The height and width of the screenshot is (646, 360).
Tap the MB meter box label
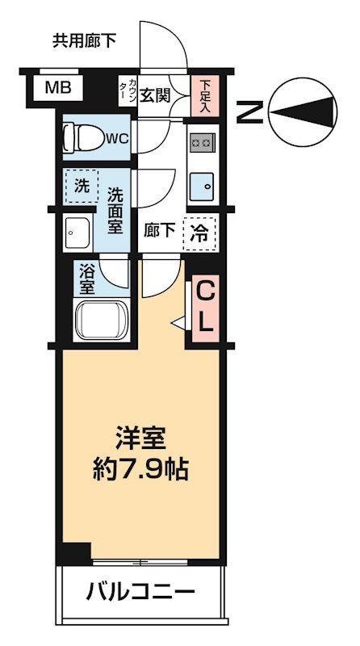tap(57, 87)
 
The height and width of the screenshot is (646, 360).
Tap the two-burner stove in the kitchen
tap(201, 143)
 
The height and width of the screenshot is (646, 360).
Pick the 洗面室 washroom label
tap(115, 208)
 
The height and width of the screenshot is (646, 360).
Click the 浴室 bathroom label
tap(86, 279)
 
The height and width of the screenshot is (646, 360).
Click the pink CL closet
tap(205, 308)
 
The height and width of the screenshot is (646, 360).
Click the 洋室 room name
tap(140, 439)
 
